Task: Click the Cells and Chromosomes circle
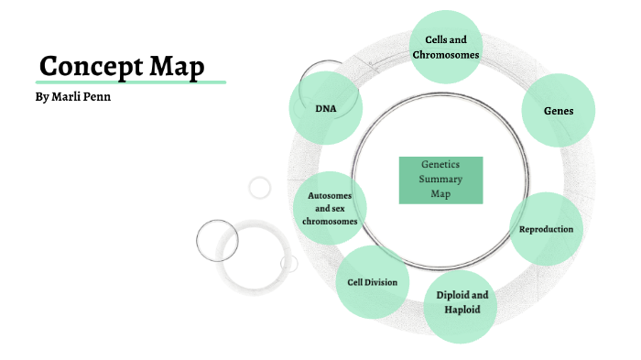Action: [x=446, y=47]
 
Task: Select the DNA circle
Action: [x=325, y=108]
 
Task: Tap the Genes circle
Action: [x=559, y=110]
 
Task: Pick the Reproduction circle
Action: [x=547, y=229]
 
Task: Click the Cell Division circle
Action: [x=372, y=282]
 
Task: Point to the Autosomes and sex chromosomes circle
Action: [x=330, y=208]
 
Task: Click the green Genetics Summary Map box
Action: [x=441, y=180]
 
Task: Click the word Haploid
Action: [x=463, y=310]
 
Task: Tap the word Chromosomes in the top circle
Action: [x=446, y=55]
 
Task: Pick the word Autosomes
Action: [x=330, y=195]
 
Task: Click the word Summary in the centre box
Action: [x=441, y=180]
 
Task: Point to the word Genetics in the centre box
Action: [x=441, y=166]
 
